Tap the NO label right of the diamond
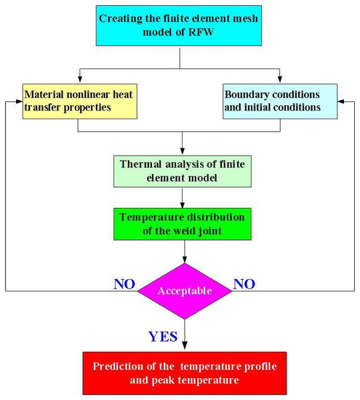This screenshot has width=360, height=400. click(x=246, y=280)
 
